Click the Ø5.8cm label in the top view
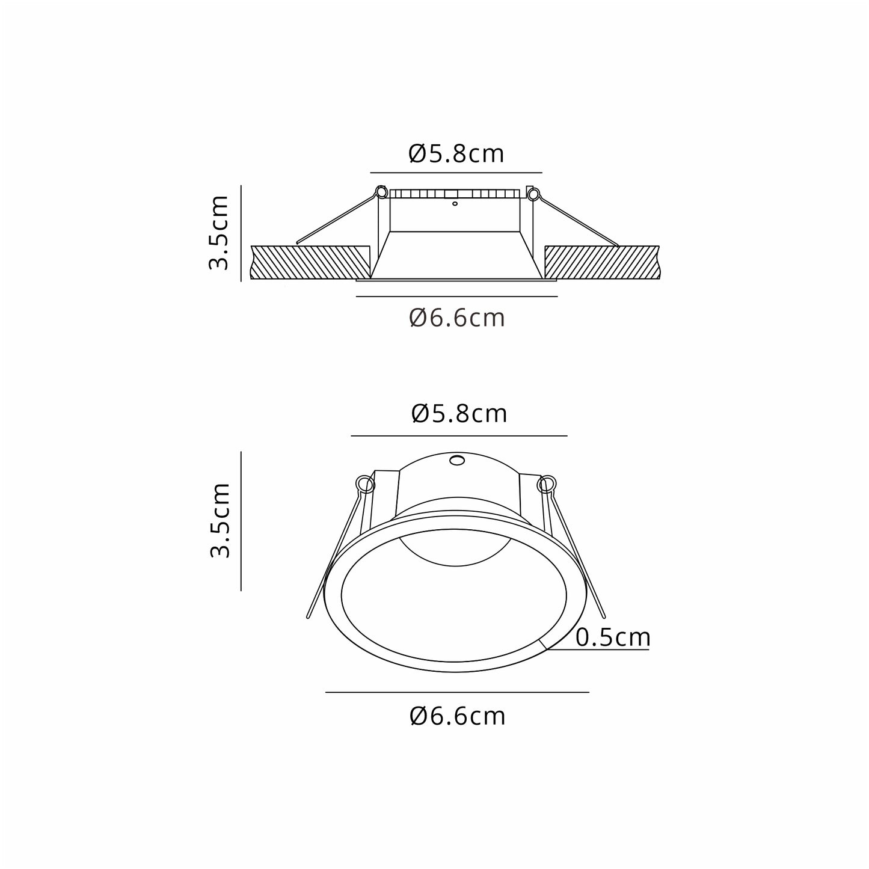[x=456, y=155]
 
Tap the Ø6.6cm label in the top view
[x=457, y=318]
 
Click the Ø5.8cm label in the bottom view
[x=459, y=414]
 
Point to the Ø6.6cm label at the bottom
[x=458, y=716]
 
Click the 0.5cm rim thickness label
[x=613, y=637]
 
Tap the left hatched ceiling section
[x=310, y=262]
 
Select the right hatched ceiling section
[x=601, y=262]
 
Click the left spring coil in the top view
[x=381, y=192]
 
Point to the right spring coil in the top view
[x=532, y=194]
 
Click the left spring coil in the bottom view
[x=364, y=483]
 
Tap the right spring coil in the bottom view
[x=547, y=484]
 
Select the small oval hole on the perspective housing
[x=457, y=461]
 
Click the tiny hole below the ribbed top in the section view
[x=455, y=204]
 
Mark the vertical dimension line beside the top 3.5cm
[x=241, y=233]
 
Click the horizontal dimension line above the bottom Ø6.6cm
[x=457, y=692]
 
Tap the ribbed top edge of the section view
[x=455, y=194]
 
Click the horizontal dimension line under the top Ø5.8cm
[x=456, y=173]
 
